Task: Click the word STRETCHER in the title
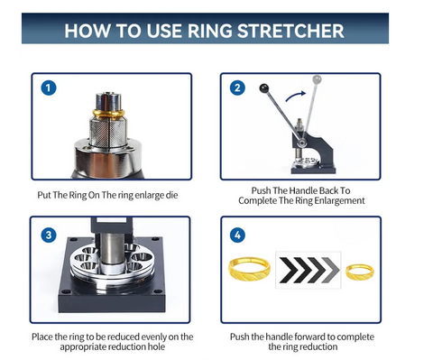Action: click(290, 31)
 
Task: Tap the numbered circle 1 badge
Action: click(49, 88)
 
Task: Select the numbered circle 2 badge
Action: click(237, 88)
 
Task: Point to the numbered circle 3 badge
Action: click(49, 235)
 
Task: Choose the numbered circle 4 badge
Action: click(237, 235)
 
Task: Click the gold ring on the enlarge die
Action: click(108, 114)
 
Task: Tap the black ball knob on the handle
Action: click(263, 88)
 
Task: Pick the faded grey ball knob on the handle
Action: click(317, 79)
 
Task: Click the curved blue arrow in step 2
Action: click(295, 95)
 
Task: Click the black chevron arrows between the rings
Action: click(309, 270)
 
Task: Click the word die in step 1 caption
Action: click(171, 195)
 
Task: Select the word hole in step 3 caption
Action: click(156, 346)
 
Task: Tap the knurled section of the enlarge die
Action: click(108, 132)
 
